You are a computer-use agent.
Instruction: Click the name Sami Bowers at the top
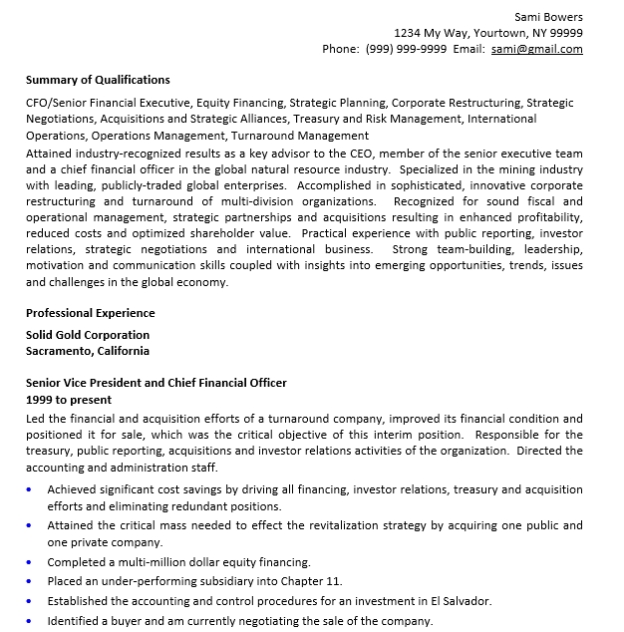tap(548, 16)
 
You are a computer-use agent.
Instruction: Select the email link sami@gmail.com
tap(537, 49)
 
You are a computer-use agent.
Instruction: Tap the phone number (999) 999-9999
tap(406, 49)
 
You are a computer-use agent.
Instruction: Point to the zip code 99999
tap(566, 32)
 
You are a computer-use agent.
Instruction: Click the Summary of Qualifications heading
tap(98, 80)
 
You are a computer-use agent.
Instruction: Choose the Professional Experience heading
tap(91, 313)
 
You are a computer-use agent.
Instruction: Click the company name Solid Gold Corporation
tap(88, 335)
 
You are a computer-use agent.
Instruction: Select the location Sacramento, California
tap(88, 351)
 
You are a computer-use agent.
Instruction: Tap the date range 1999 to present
tap(69, 400)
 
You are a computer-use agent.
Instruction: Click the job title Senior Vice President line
tap(156, 383)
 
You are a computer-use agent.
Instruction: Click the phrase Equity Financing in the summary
tap(240, 103)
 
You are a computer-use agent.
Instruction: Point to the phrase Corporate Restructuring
tap(457, 103)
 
